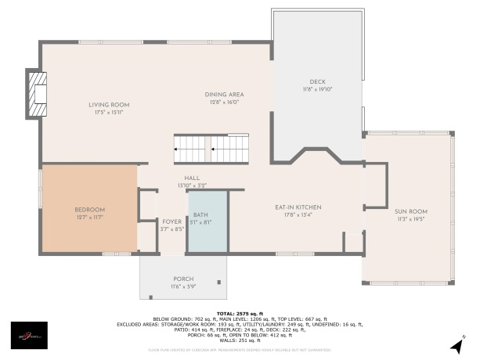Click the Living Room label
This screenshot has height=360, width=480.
109,104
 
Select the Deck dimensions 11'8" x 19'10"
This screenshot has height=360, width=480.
317,89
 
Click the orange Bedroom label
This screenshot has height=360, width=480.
89,209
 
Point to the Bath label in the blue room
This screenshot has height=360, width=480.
200,214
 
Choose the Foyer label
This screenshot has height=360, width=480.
171,221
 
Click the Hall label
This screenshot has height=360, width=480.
192,178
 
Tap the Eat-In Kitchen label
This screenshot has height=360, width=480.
298,207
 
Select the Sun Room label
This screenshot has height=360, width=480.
410,211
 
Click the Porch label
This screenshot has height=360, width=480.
182,279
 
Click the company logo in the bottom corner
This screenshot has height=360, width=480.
28,337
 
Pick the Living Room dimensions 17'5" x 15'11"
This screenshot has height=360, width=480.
109,112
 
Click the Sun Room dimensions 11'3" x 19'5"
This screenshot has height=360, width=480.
410,218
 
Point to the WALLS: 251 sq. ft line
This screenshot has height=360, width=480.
240,341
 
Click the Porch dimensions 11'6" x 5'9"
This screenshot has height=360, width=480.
182,286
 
